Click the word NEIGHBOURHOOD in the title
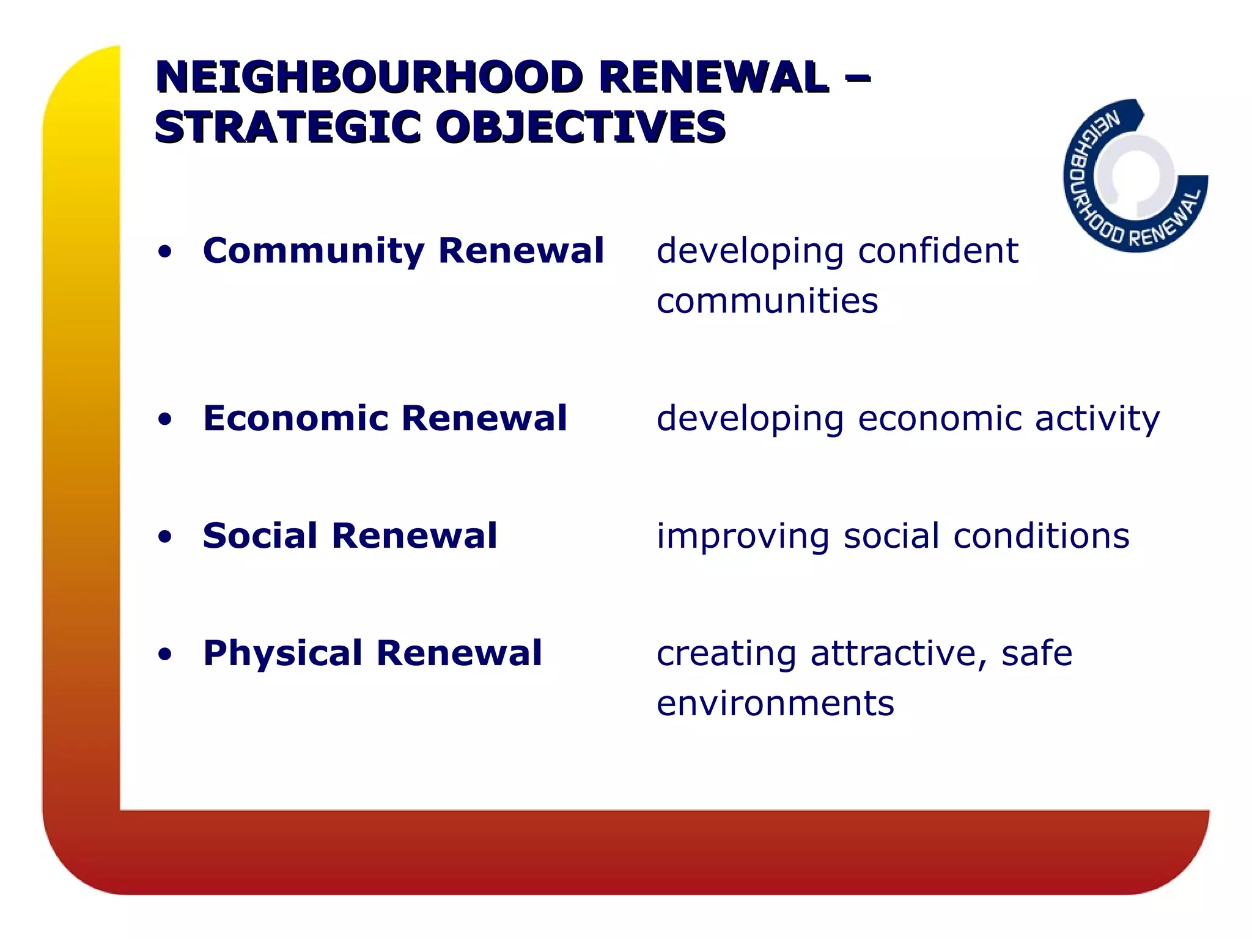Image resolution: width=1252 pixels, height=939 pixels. (x=369, y=78)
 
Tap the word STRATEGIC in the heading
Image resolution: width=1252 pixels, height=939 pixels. (x=287, y=128)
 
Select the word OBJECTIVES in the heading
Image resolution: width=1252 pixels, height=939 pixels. (x=580, y=128)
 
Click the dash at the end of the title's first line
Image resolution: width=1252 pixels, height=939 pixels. (x=856, y=78)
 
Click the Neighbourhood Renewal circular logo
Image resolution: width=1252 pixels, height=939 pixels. (x=1135, y=176)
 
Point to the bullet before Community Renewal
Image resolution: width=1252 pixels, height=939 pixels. (x=164, y=252)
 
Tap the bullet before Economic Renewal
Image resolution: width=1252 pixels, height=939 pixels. (x=164, y=419)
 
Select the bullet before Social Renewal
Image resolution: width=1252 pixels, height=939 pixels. (x=164, y=537)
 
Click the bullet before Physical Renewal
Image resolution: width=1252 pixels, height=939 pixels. (x=164, y=655)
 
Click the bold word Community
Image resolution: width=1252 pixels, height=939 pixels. (x=314, y=252)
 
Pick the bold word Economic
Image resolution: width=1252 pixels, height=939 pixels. (x=296, y=419)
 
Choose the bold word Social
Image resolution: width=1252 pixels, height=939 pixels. (x=260, y=536)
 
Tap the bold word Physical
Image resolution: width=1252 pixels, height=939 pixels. (x=283, y=654)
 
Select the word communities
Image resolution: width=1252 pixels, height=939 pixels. (x=767, y=301)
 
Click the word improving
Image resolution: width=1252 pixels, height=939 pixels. (x=743, y=537)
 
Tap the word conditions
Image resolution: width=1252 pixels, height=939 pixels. (x=1041, y=536)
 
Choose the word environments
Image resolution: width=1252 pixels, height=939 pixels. (x=775, y=704)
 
